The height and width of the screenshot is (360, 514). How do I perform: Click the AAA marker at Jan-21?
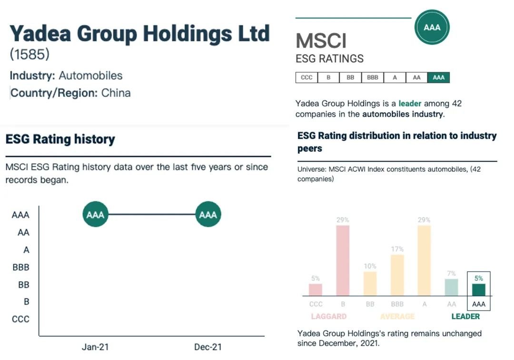click(x=95, y=214)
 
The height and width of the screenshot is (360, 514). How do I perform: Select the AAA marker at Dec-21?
click(x=208, y=214)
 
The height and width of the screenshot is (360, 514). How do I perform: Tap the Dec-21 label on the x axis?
click(x=208, y=347)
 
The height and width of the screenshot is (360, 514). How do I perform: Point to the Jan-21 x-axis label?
click(x=95, y=347)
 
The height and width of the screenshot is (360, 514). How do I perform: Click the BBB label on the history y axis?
click(x=21, y=267)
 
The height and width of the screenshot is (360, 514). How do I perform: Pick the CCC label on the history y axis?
click(x=20, y=319)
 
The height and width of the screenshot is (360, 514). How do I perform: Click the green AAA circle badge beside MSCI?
click(x=432, y=27)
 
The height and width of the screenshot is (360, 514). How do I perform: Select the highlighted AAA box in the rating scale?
click(x=438, y=78)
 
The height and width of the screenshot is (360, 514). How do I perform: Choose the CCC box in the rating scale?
click(x=306, y=78)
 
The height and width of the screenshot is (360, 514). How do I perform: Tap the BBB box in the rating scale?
click(x=373, y=78)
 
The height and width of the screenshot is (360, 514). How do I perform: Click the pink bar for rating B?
click(x=343, y=261)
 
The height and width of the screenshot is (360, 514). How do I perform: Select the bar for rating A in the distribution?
click(x=424, y=261)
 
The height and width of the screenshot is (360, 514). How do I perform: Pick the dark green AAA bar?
click(x=479, y=290)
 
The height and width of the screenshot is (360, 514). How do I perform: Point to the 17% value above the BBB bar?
click(x=397, y=249)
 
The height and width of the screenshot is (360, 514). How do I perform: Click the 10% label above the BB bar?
click(x=370, y=266)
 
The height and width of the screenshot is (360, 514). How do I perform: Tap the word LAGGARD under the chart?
click(x=329, y=316)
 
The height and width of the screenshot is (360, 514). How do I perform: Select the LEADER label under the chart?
click(x=465, y=316)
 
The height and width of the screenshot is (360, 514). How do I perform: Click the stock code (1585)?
click(x=30, y=54)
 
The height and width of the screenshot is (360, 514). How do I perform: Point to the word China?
click(x=116, y=93)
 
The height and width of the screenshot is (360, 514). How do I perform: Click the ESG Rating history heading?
click(x=60, y=139)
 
